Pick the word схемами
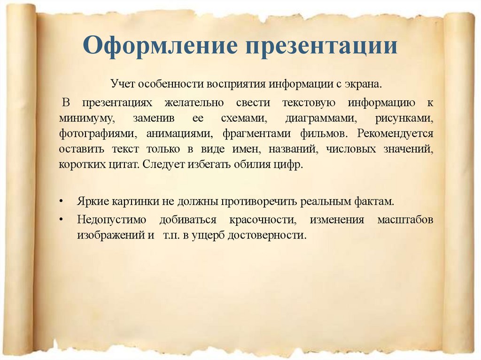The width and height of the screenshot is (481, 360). [x=247, y=118]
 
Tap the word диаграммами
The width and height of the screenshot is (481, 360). [x=322, y=118]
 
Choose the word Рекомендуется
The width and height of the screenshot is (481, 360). [x=395, y=134]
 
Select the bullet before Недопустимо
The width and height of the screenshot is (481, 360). [x=61, y=220]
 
